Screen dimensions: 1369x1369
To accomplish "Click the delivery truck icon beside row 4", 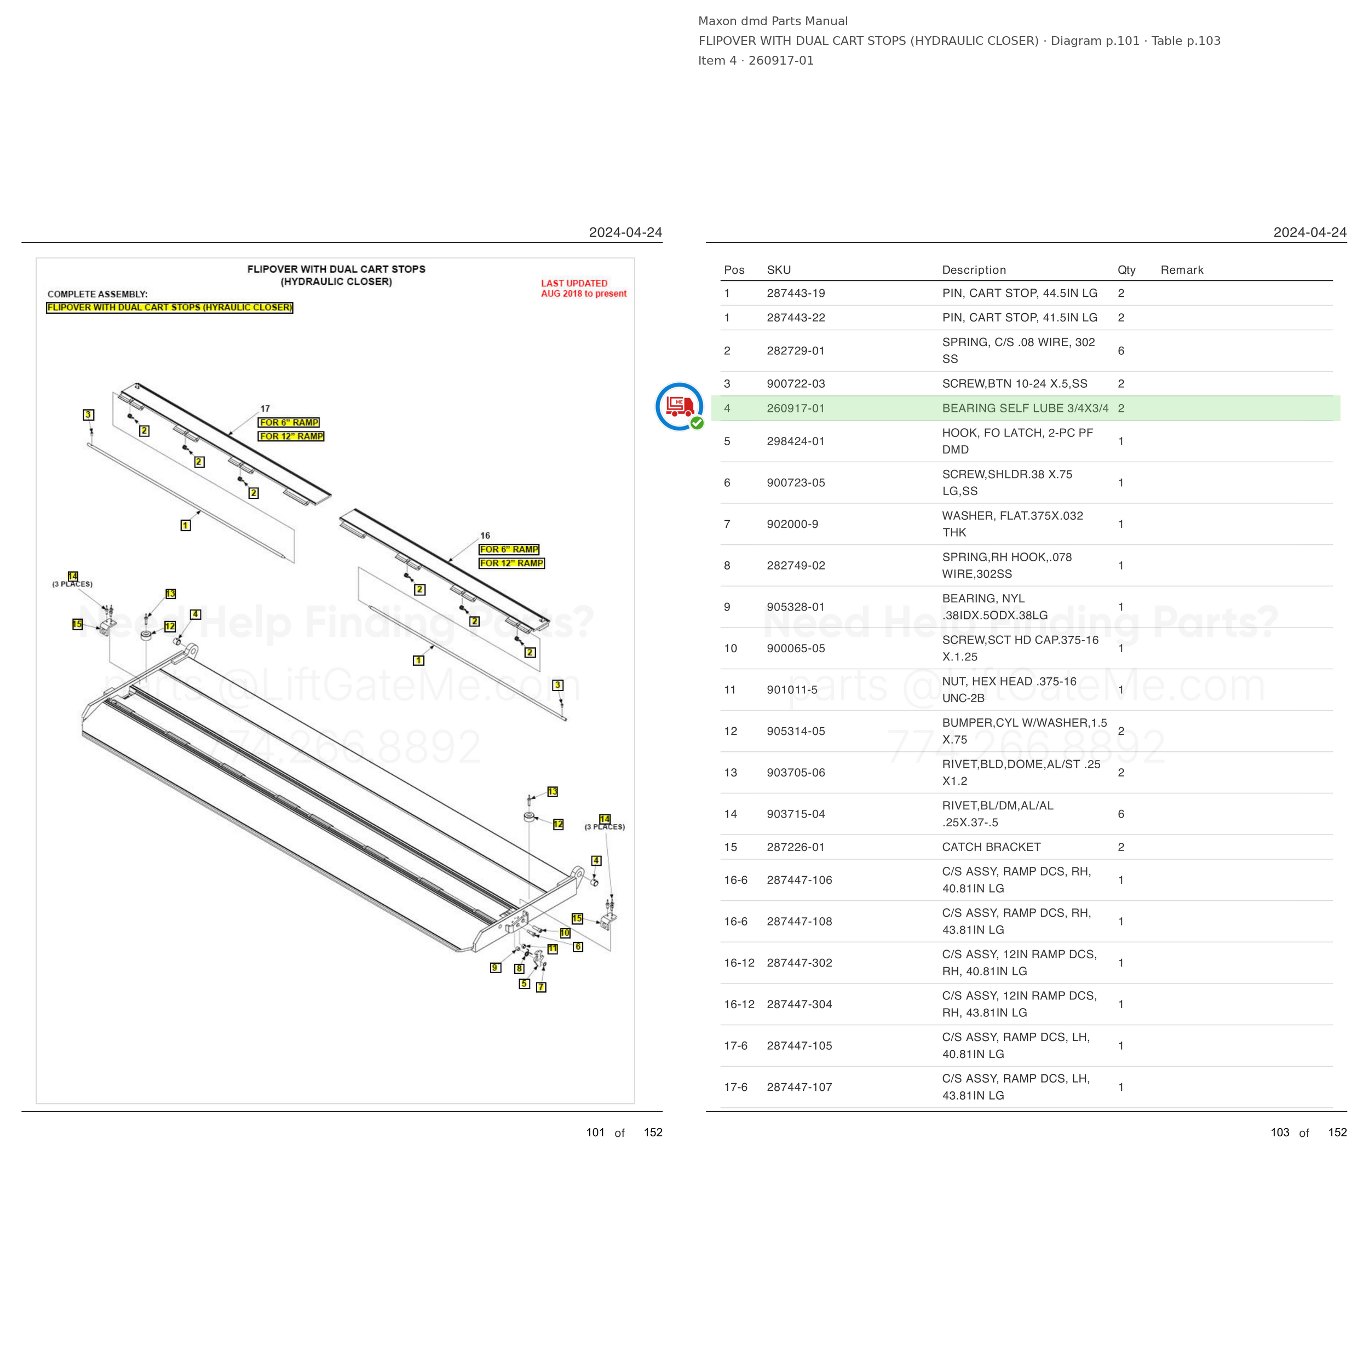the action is tap(679, 407).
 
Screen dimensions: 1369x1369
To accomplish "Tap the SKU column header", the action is tap(779, 270).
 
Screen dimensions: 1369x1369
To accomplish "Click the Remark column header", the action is tap(1182, 270).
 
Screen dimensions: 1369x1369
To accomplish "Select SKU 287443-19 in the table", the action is tap(796, 294).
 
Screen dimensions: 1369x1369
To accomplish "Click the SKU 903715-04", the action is tap(796, 814).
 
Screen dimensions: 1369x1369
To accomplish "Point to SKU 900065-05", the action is tap(796, 648).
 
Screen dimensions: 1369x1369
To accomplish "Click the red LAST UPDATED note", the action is tap(584, 289).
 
